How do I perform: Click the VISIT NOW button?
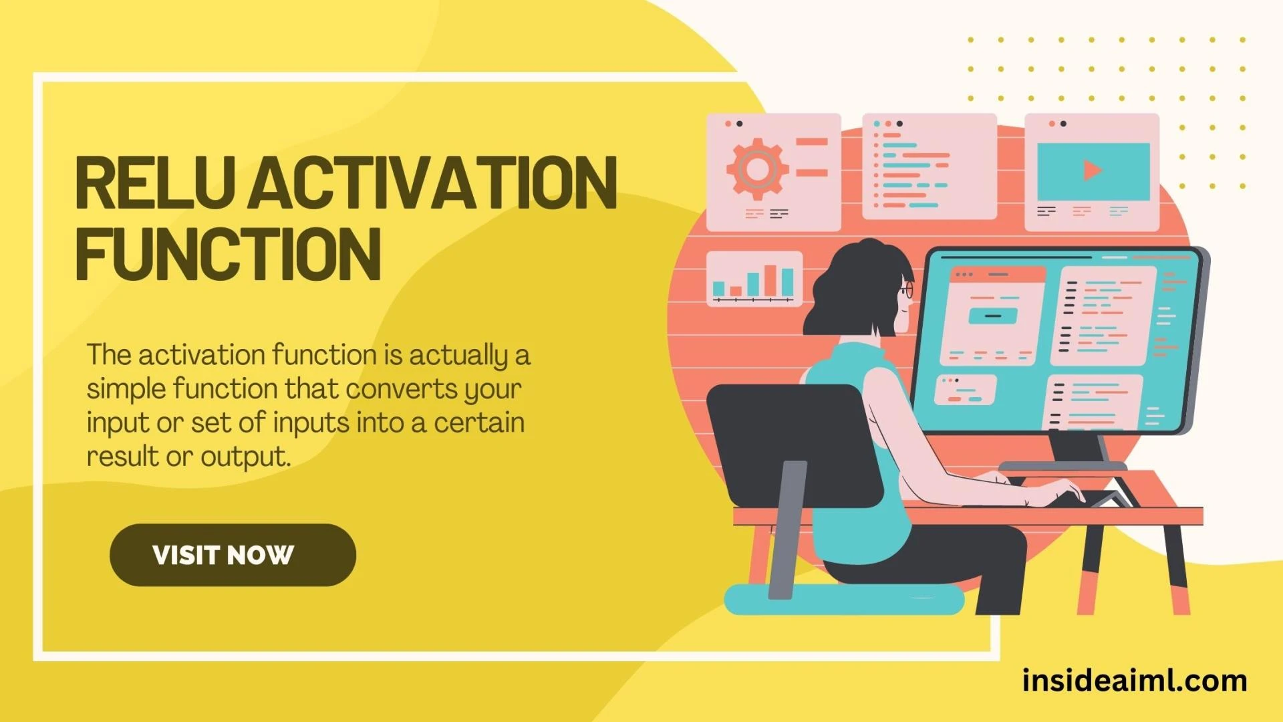point(233,555)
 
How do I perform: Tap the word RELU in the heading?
point(155,183)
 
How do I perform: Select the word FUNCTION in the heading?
point(228,254)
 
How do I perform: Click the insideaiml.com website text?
point(1134,681)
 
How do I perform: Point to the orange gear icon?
point(757,168)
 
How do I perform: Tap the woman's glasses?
point(906,290)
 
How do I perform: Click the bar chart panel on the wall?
point(754,278)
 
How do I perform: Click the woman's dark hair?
point(855,287)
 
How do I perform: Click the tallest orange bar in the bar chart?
point(770,279)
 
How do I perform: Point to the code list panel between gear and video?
point(929,167)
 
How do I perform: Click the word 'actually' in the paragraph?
point(458,356)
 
